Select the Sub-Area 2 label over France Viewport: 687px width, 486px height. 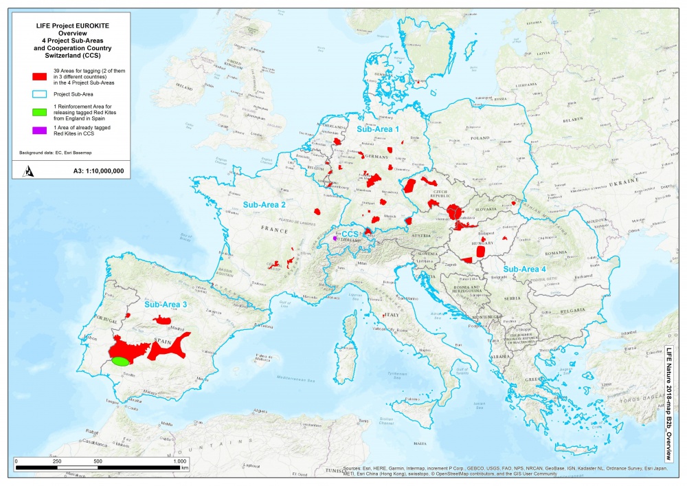tap(264, 204)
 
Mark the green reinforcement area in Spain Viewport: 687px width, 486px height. tap(121, 360)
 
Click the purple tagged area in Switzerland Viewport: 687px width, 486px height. tap(335, 238)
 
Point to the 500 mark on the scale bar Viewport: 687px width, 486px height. tap(98, 461)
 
